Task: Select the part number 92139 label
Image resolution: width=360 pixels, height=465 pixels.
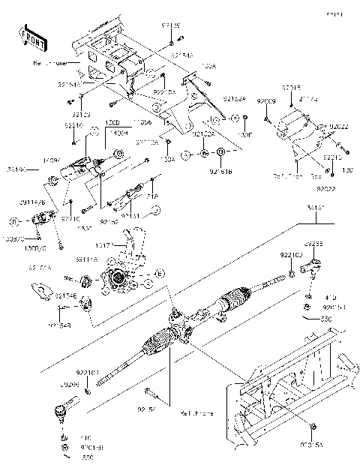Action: click(172, 26)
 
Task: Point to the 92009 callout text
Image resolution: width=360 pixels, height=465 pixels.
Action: click(267, 100)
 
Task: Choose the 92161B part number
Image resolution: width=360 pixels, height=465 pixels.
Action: click(221, 172)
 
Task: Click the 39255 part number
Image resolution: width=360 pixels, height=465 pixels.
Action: click(313, 244)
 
